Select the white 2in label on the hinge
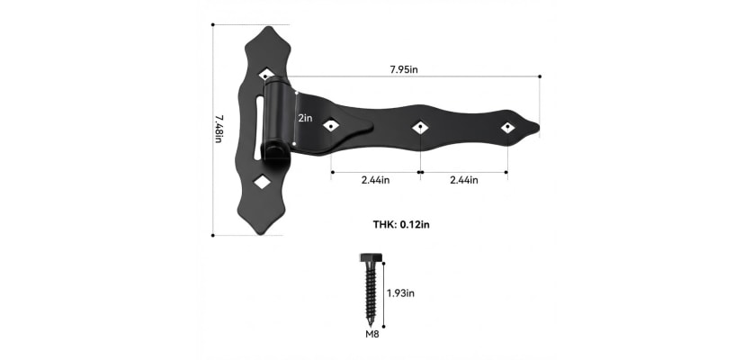pyautogui.click(x=305, y=118)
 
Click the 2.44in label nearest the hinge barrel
pyautogui.click(x=374, y=180)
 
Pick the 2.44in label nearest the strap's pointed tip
pyautogui.click(x=463, y=180)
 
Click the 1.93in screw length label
pyautogui.click(x=400, y=292)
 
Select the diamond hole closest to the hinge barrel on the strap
pyautogui.click(x=331, y=127)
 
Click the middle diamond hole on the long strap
pyautogui.click(x=419, y=128)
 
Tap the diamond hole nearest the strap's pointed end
pyautogui.click(x=507, y=127)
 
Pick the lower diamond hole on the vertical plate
pyautogui.click(x=262, y=183)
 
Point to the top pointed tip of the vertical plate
pyautogui.click(x=268, y=28)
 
